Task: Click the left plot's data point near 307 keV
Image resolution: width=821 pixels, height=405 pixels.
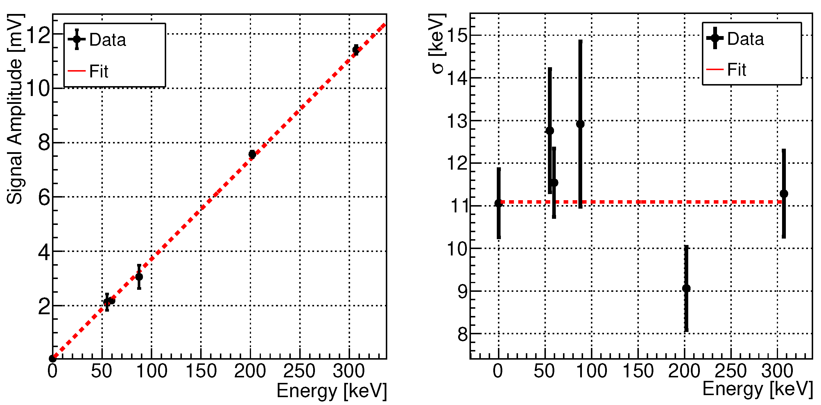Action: [x=356, y=50]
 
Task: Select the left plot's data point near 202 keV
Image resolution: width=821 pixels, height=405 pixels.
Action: [x=252, y=154]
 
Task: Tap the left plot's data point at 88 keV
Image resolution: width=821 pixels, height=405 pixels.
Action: [x=139, y=277]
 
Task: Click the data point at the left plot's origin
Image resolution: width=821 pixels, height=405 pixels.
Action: [x=53, y=359]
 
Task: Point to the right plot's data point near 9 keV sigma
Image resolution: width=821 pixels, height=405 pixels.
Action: [x=686, y=289]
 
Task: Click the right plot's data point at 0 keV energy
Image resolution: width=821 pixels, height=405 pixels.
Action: [x=499, y=203]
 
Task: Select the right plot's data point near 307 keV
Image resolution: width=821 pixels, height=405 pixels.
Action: [x=784, y=194]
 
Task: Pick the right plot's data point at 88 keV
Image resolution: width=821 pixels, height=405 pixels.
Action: [x=580, y=124]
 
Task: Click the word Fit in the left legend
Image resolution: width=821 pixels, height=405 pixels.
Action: [x=98, y=71]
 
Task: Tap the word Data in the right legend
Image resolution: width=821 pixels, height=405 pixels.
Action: [x=745, y=39]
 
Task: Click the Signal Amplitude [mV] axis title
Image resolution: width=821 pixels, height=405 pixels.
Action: [x=15, y=109]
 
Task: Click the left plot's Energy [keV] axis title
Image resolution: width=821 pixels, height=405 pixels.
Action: [x=331, y=391]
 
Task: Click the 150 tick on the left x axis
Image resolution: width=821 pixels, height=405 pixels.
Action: [x=201, y=371]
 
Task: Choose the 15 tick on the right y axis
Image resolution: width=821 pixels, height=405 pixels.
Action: [x=457, y=35]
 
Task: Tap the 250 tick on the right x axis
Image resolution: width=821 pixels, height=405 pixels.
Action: [x=730, y=371]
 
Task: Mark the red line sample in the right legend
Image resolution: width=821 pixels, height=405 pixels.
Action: [x=715, y=69]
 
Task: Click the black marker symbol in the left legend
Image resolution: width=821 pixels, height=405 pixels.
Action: [x=77, y=39]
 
